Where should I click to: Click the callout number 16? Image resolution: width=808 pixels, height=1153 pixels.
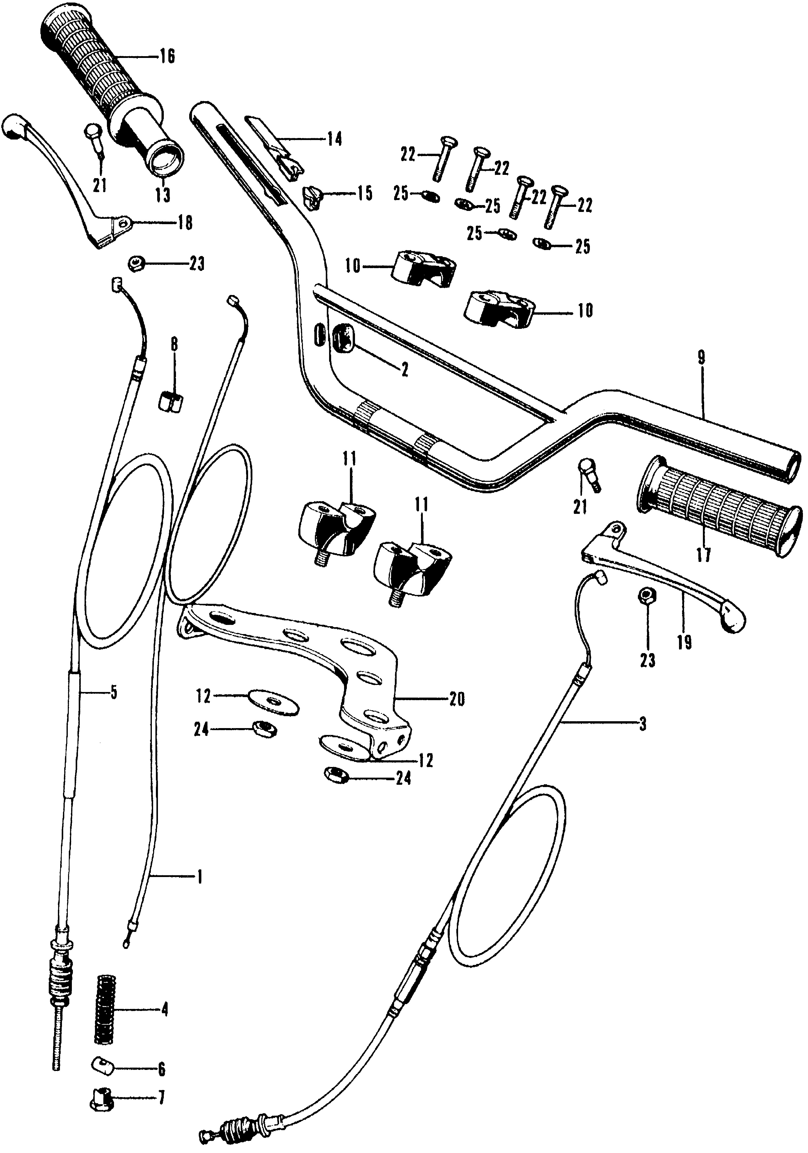click(168, 57)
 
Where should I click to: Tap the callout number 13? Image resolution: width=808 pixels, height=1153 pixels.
click(163, 195)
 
